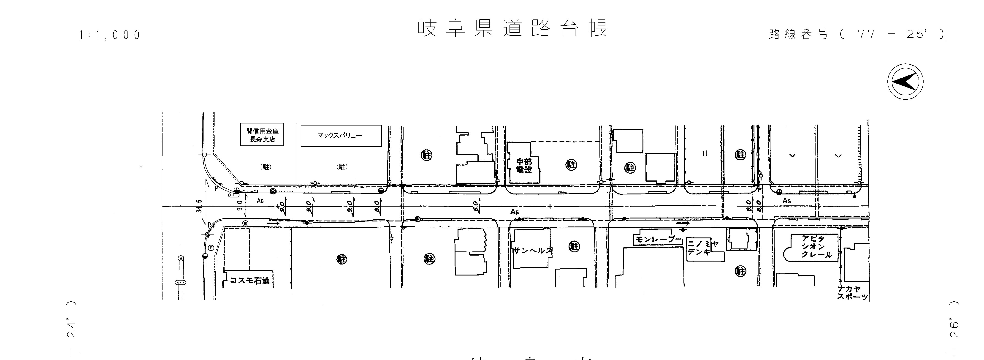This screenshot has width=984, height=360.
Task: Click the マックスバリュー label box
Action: coord(341,136)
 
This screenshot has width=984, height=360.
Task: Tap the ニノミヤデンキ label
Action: coord(703,248)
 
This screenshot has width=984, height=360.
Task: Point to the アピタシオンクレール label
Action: coord(817,246)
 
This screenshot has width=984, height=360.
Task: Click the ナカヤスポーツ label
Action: coord(852,293)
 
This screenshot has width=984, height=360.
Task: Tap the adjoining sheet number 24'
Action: coord(71,329)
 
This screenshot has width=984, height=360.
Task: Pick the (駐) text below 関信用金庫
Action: coord(266,167)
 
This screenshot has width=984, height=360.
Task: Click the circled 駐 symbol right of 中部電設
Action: coord(571,165)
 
